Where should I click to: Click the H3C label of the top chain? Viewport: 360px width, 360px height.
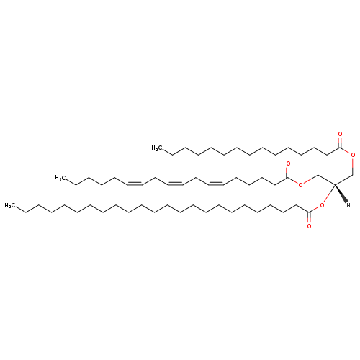[156, 148]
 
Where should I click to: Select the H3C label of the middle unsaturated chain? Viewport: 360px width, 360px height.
[59, 178]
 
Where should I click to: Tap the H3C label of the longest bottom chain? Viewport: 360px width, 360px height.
[9, 206]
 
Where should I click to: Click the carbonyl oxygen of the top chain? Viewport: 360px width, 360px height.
[340, 134]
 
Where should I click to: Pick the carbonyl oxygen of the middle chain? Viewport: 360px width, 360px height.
[288, 163]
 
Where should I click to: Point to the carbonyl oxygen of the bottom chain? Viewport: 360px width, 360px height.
[309, 226]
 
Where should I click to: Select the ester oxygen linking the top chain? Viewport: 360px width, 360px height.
[353, 155]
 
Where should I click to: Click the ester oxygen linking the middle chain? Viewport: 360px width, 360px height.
[300, 184]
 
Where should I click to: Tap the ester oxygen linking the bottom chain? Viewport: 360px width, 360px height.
[322, 205]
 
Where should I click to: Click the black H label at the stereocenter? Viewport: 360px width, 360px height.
[348, 205]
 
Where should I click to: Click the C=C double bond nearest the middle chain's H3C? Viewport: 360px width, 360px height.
[135, 184]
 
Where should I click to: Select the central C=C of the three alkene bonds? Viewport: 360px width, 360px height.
[176, 184]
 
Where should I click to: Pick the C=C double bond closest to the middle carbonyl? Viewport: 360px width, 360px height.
[216, 184]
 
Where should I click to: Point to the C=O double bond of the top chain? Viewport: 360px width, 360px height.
[340, 143]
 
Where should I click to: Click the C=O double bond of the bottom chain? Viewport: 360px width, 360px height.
[309, 217]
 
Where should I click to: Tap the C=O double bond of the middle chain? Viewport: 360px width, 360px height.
[288, 173]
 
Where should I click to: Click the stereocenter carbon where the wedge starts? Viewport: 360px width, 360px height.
[335, 184]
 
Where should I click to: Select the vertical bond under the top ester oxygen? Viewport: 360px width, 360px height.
[353, 166]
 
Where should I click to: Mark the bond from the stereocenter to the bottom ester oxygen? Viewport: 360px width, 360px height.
[329, 194]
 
